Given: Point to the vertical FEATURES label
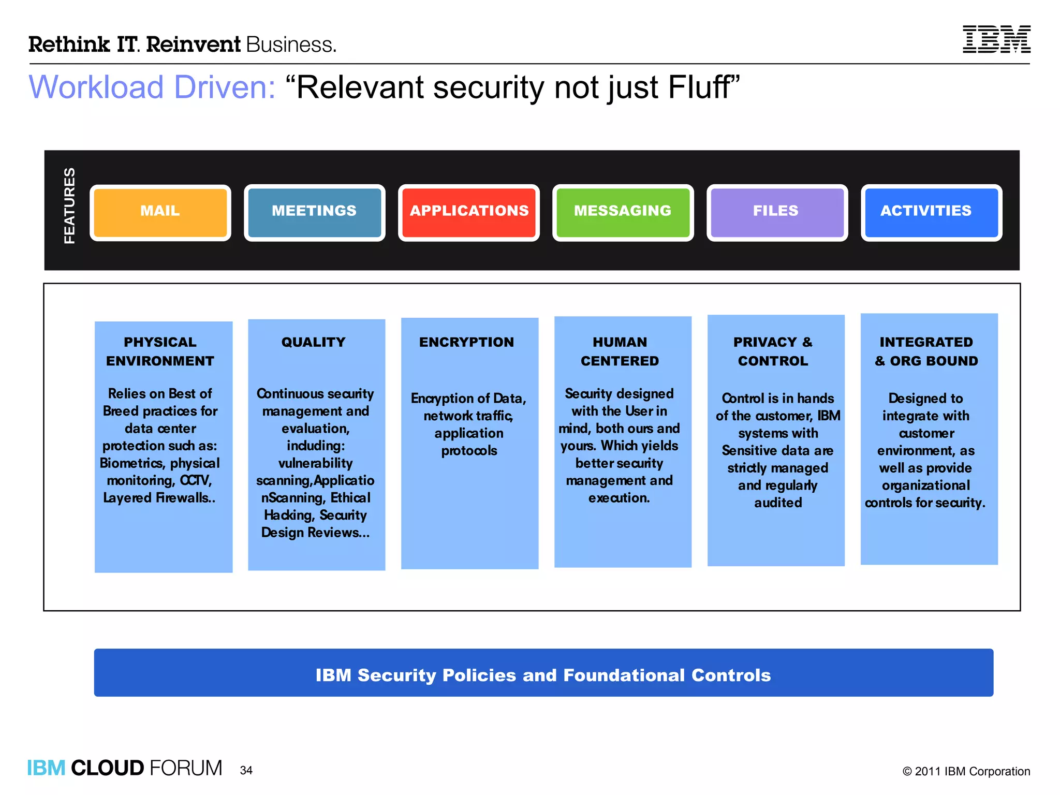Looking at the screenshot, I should (x=69, y=205).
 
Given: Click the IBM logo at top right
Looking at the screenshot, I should (x=996, y=39).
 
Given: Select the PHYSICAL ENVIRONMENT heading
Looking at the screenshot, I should (x=160, y=351).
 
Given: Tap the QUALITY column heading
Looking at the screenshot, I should (x=314, y=342).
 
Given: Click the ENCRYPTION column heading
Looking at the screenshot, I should (x=467, y=342).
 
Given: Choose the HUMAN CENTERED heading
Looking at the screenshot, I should (x=620, y=351).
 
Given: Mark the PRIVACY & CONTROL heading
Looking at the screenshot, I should (x=773, y=351).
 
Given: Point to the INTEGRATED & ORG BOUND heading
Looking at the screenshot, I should (x=926, y=351).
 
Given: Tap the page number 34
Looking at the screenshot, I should (x=246, y=770).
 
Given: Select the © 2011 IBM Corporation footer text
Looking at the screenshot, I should (x=966, y=771).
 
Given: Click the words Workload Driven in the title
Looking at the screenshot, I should (x=152, y=87).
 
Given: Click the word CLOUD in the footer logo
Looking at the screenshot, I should (x=107, y=768).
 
